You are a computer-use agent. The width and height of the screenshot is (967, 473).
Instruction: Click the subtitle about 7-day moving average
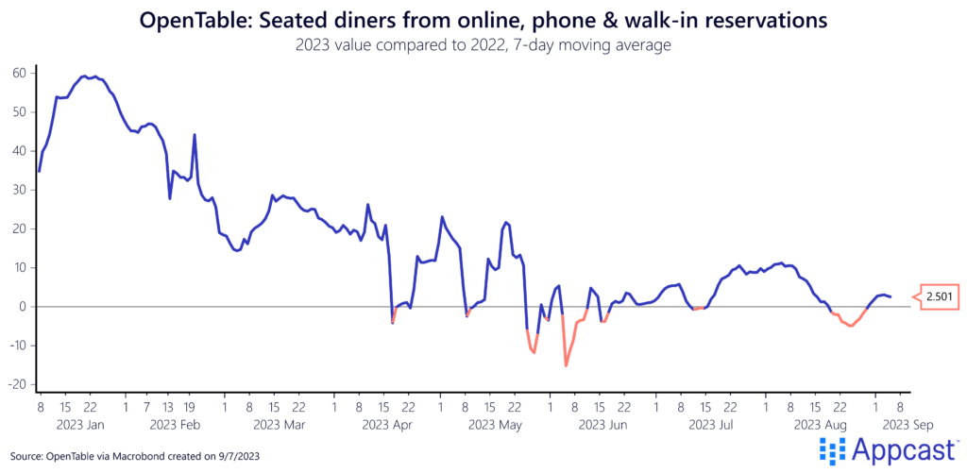click(483, 43)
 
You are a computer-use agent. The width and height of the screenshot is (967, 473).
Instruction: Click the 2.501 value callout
click(939, 296)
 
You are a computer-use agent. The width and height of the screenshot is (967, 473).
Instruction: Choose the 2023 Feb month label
click(174, 426)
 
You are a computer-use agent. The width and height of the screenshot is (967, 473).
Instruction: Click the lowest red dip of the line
click(566, 365)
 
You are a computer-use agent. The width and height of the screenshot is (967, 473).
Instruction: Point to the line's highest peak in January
click(85, 76)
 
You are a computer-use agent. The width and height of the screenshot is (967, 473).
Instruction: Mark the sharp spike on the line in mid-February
click(195, 135)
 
